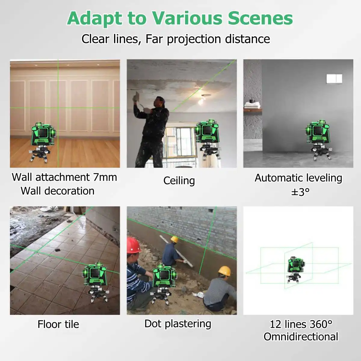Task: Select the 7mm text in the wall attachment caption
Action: (x=105, y=177)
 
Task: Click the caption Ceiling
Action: (x=179, y=180)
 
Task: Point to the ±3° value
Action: (x=300, y=192)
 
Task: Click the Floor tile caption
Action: (x=58, y=324)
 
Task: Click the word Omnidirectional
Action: (x=301, y=337)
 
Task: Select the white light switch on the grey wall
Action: (x=334, y=79)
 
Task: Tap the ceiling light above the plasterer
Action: (x=201, y=101)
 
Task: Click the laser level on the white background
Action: (x=295, y=269)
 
